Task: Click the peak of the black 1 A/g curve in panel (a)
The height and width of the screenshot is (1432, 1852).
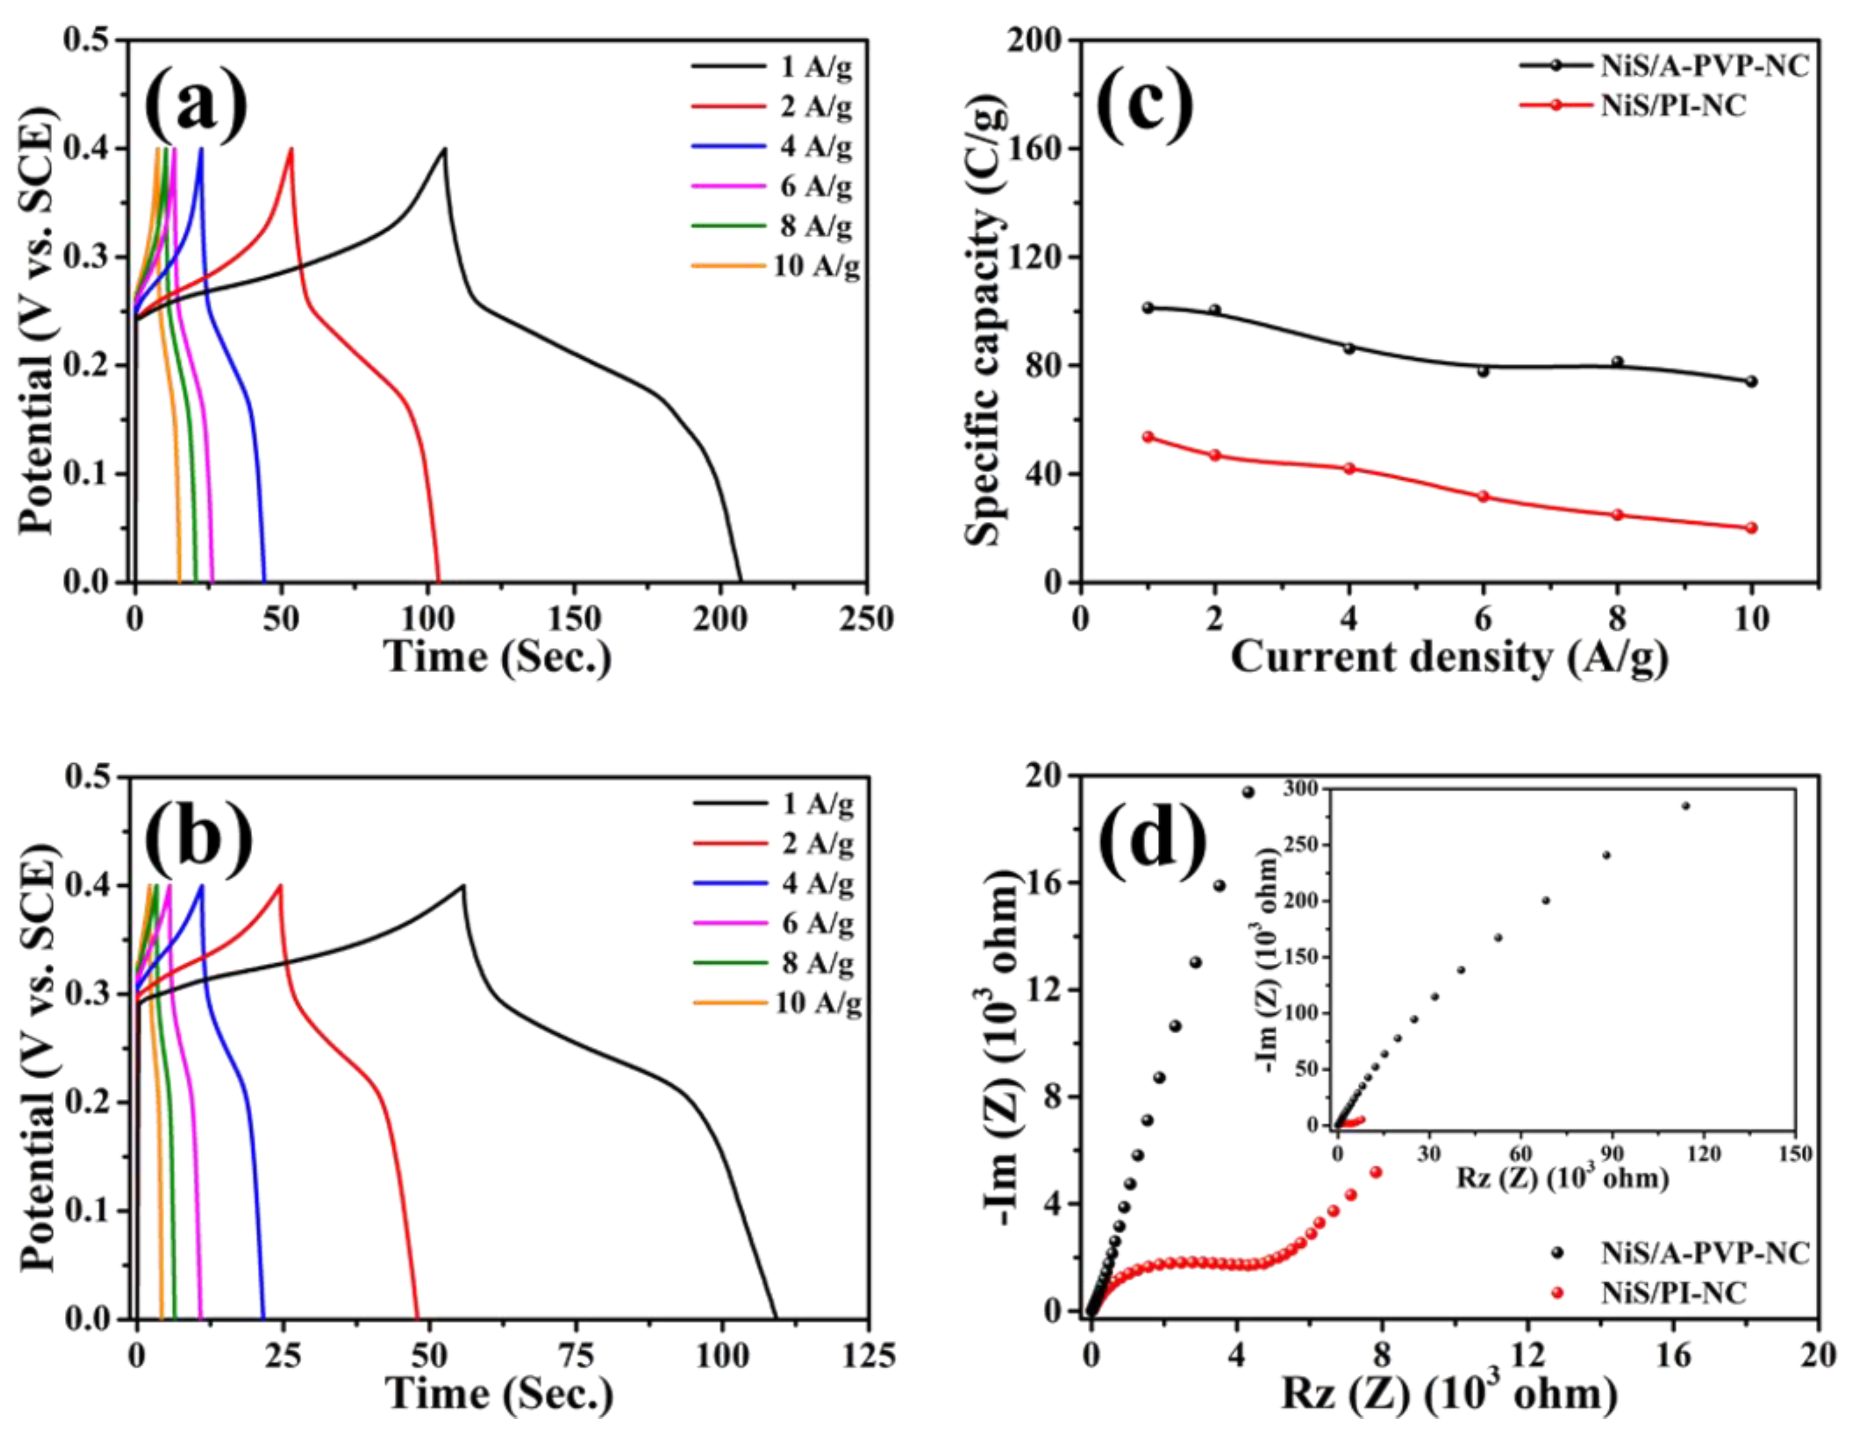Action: click(443, 149)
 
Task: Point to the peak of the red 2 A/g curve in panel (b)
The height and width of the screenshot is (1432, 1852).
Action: click(280, 886)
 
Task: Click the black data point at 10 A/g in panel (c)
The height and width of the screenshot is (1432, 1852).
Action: click(1752, 381)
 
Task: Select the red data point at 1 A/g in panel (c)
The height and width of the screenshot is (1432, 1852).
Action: click(1148, 437)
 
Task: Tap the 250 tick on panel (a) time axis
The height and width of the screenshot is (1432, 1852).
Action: click(866, 620)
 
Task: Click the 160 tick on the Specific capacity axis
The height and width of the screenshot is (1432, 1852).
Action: click(1036, 149)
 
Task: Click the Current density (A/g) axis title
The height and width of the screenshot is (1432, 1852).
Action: click(1449, 657)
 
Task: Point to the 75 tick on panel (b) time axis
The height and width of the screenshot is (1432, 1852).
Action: click(576, 1357)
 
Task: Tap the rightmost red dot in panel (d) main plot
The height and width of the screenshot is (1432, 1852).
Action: click(1376, 1172)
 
